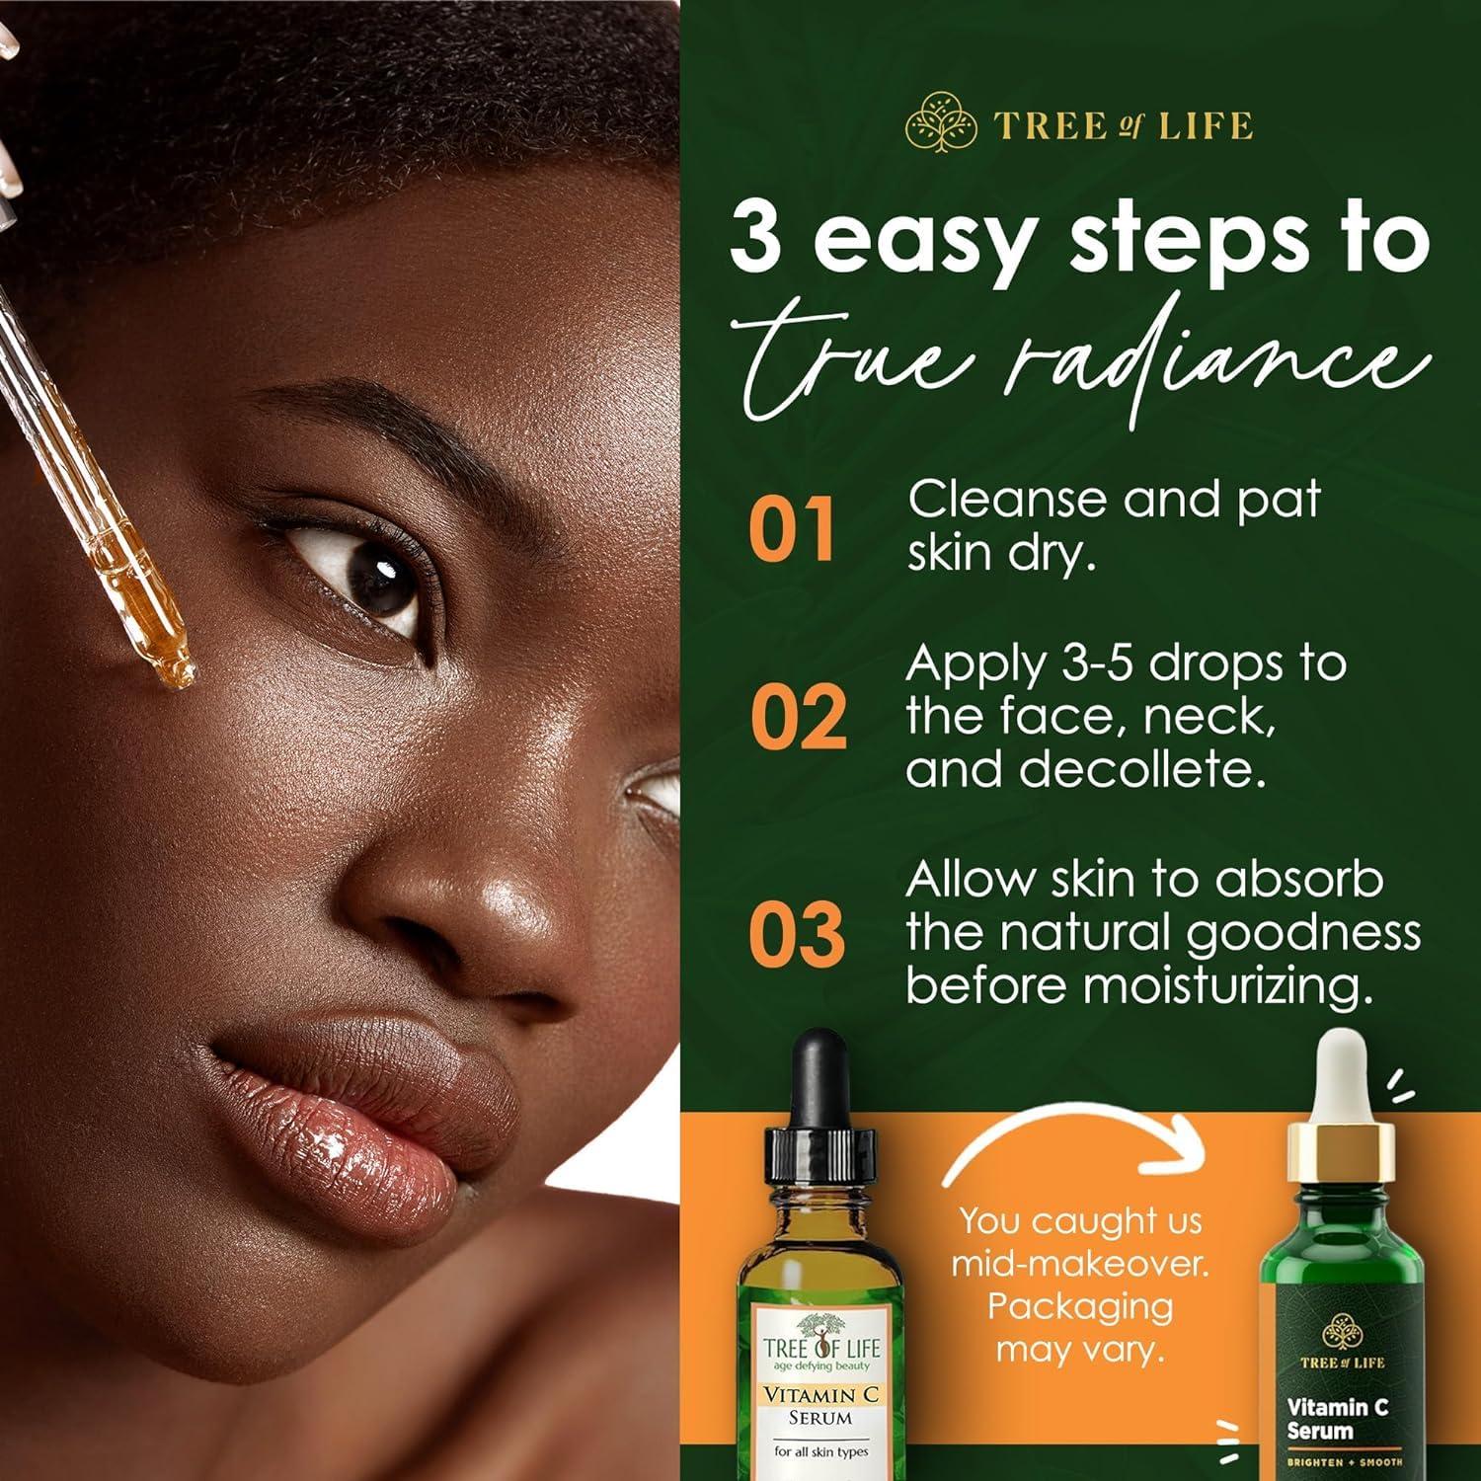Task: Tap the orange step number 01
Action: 792,529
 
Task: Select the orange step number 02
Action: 798,717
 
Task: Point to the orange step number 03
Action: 797,933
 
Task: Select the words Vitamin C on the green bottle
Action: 1337,1406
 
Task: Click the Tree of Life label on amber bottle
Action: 820,1348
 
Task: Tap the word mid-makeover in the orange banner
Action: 1080,1264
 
